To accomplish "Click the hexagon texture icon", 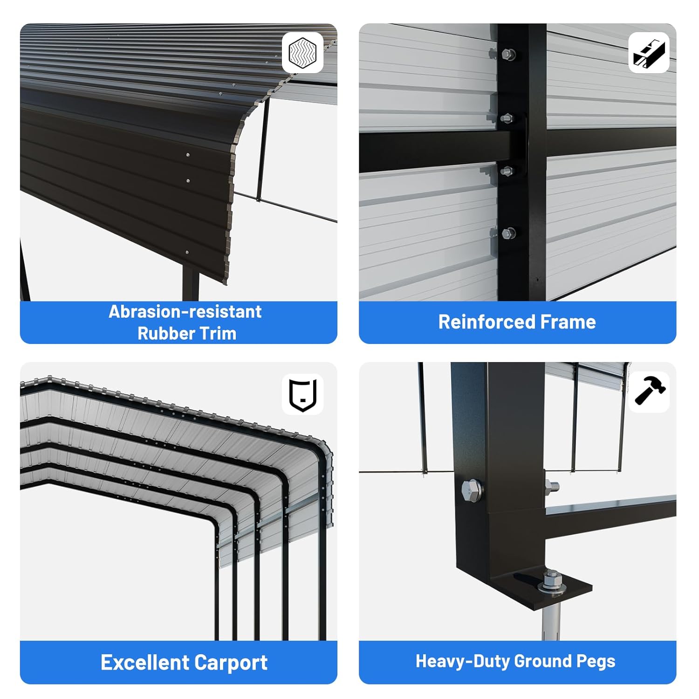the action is click(303, 52).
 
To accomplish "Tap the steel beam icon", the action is click(649, 52).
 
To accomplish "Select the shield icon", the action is click(303, 395).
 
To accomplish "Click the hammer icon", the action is click(650, 391).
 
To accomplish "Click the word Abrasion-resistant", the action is click(185, 312).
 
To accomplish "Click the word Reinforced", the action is click(482, 322).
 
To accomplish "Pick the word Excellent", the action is click(144, 662).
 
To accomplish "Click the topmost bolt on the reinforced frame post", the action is click(508, 55).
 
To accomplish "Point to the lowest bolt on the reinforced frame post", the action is click(508, 233).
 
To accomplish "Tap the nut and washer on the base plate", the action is click(552, 583).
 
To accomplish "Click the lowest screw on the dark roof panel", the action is click(187, 252).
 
